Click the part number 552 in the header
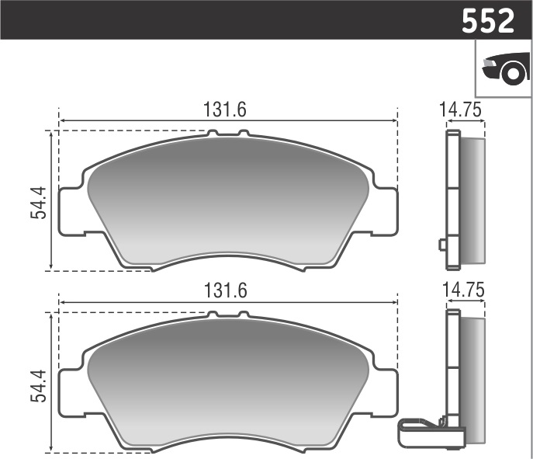[488, 20]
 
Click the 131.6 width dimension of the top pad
[225, 110]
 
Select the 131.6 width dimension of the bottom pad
[225, 291]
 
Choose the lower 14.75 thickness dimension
[463, 290]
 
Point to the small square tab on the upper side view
[442, 245]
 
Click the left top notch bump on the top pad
[213, 134]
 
